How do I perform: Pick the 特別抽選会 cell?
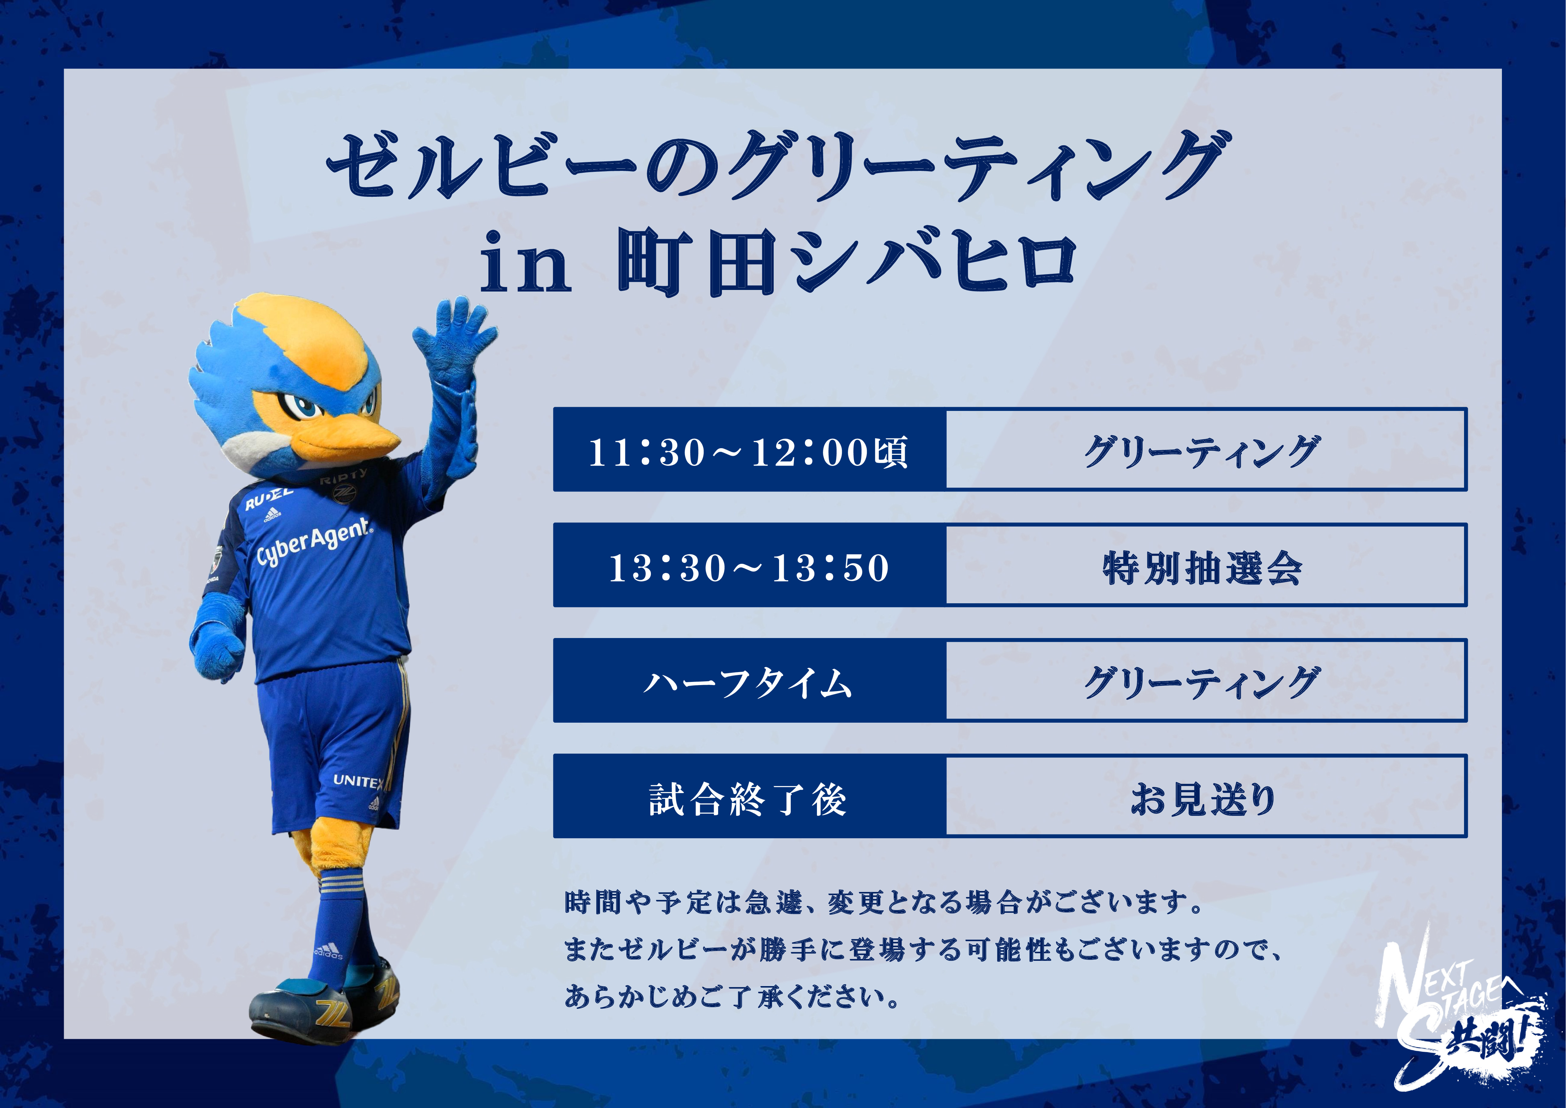(x=1206, y=566)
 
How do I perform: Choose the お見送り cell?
(x=1206, y=796)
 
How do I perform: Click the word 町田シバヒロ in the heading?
(x=846, y=263)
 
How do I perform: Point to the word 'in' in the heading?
(x=525, y=265)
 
